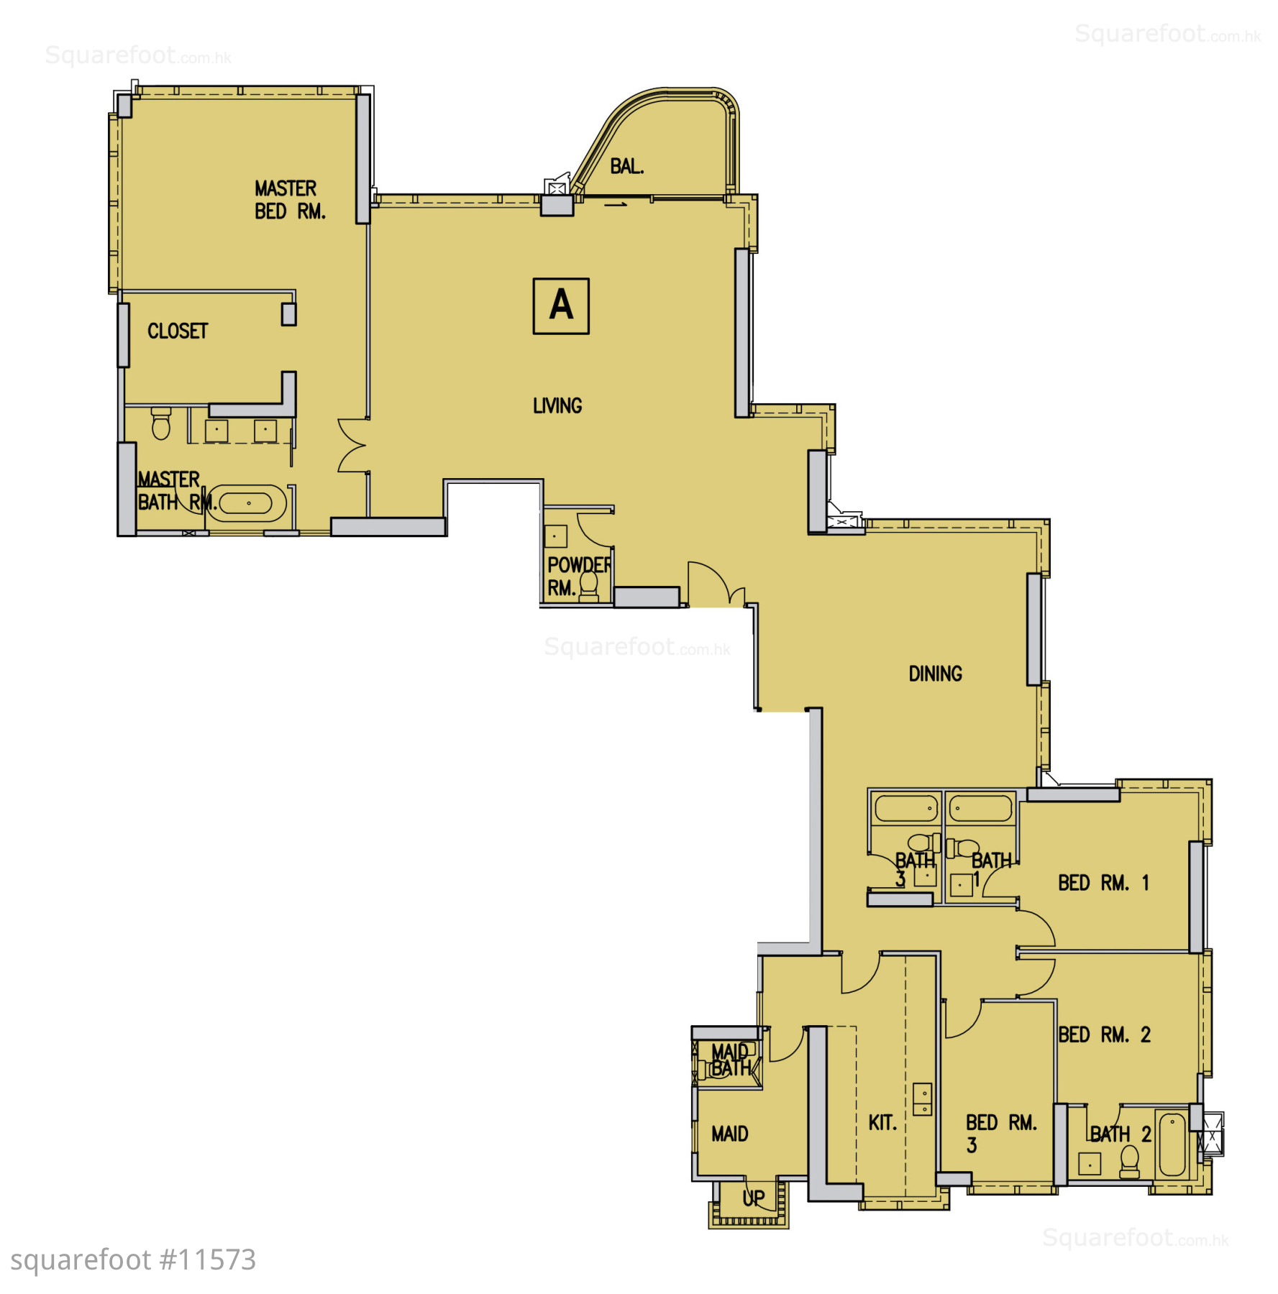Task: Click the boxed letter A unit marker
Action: tap(561, 306)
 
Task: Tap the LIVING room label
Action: tap(557, 406)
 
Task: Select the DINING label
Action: tap(935, 674)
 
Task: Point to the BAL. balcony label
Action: tap(627, 167)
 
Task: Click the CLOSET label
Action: tap(178, 331)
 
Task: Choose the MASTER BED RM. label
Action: tap(290, 200)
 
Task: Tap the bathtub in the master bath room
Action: tap(249, 503)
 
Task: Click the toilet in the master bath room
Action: tap(161, 423)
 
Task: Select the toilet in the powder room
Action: tap(589, 585)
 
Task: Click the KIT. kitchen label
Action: tap(882, 1123)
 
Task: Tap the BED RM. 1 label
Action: tap(1103, 883)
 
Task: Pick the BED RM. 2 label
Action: tap(1104, 1035)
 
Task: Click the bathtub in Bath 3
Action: tap(906, 809)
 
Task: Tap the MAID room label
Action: tap(730, 1134)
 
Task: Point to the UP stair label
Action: tap(754, 1198)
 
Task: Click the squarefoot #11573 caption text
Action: tap(133, 1260)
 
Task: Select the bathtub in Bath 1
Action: tap(981, 809)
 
